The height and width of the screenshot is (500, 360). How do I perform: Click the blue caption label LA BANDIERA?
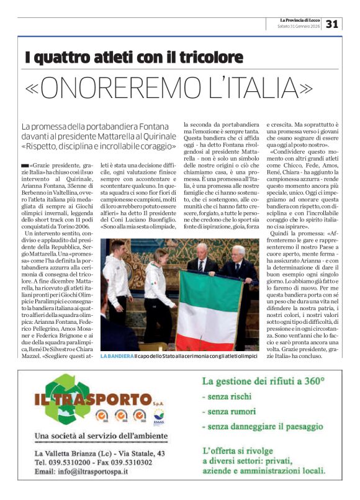pyautogui.click(x=117, y=356)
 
